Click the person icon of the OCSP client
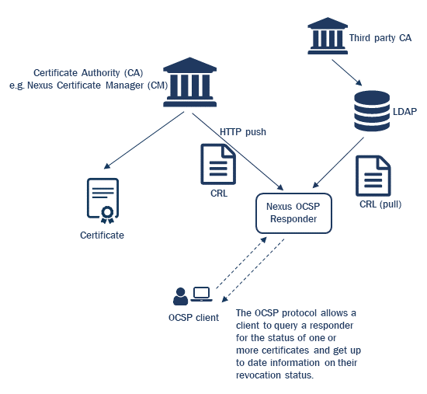click(180, 296)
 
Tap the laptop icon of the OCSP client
click(202, 295)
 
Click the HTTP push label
click(243, 132)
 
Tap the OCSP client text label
click(193, 317)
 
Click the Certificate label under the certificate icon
click(102, 235)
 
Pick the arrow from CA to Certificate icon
click(144, 139)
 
